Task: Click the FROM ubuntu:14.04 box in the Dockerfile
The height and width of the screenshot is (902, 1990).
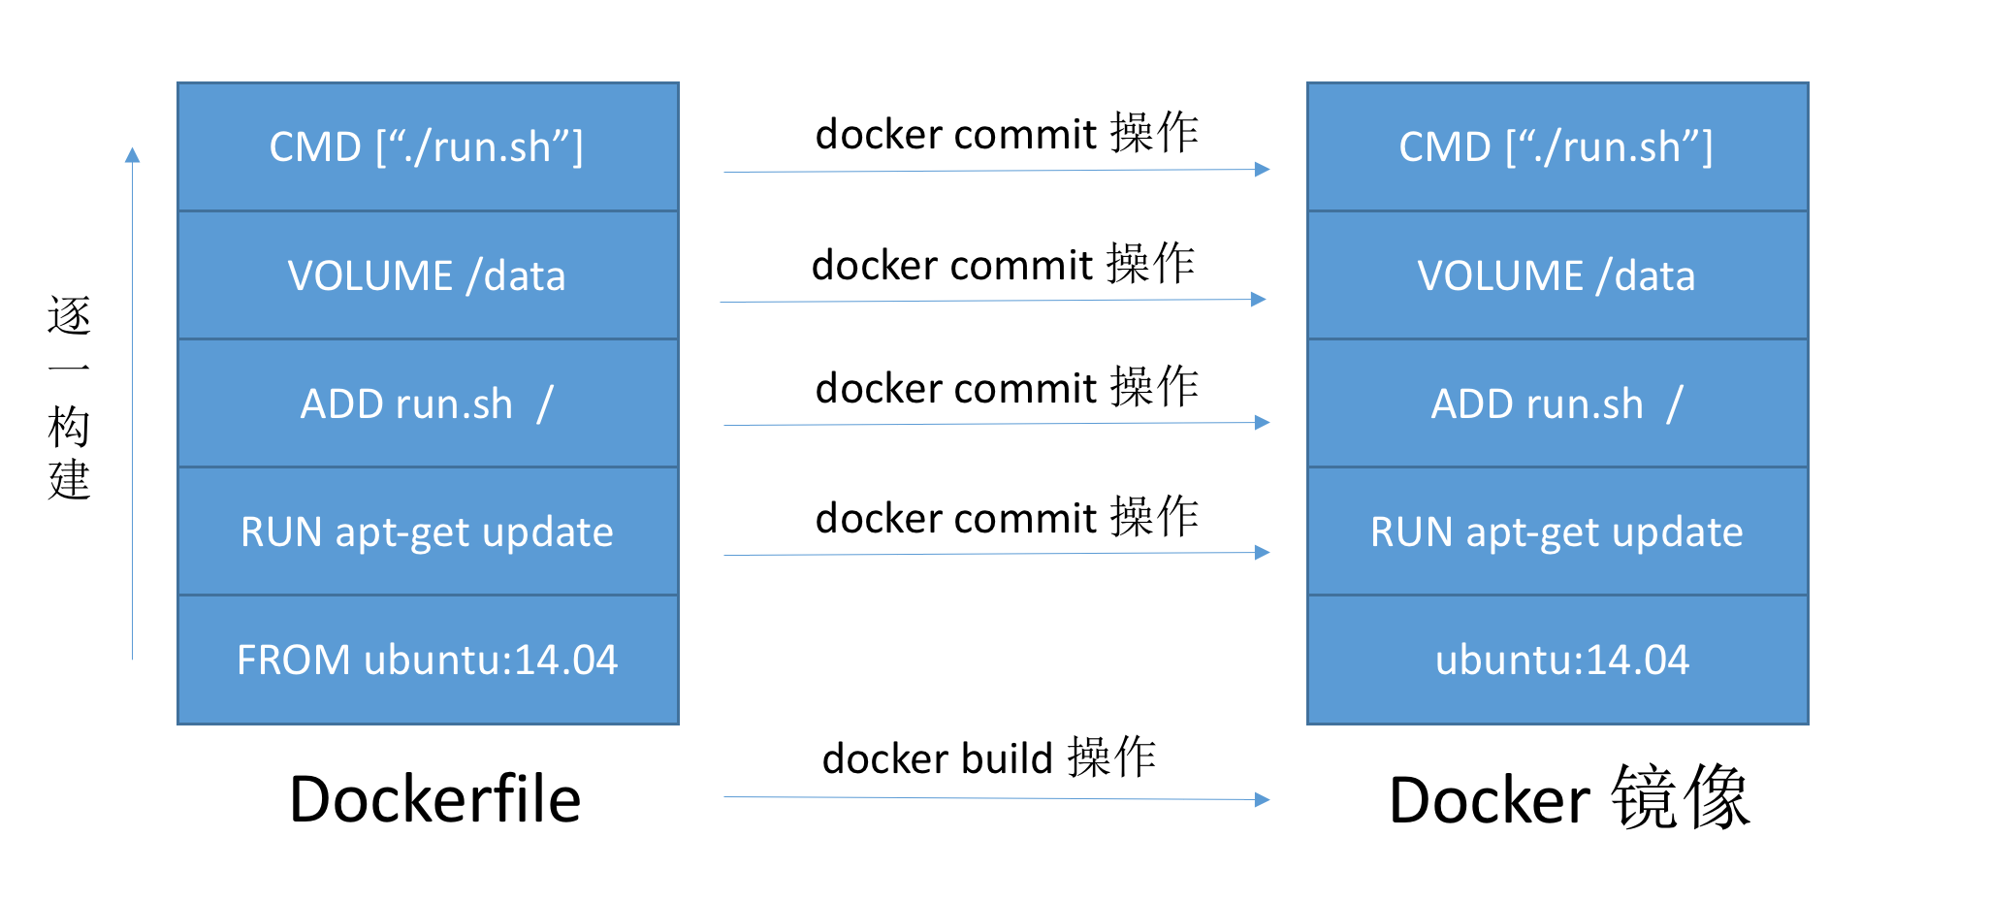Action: coord(428,660)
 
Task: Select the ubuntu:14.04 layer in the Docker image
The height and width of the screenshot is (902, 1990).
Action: coord(1557,660)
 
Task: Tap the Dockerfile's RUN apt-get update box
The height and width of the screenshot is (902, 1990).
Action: coord(428,532)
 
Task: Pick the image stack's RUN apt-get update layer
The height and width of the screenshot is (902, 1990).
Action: coord(1557,532)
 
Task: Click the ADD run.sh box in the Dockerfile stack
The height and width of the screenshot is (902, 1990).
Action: coord(428,403)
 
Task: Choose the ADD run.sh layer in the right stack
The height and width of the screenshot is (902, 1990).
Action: coord(1557,403)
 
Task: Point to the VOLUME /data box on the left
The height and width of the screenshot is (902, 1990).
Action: coord(428,275)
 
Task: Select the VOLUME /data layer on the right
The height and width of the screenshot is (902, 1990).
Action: coord(1557,275)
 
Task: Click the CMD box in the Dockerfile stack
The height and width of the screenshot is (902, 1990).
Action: coord(428,147)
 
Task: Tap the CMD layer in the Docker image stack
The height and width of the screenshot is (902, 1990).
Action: coord(1557,147)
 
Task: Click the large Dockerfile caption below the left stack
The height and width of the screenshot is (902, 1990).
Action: coord(434,800)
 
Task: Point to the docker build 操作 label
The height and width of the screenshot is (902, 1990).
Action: coord(989,758)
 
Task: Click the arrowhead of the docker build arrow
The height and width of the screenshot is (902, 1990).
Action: coord(1263,800)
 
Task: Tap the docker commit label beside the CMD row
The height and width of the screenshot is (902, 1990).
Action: coord(1007,134)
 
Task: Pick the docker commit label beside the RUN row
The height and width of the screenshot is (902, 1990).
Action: coord(1007,518)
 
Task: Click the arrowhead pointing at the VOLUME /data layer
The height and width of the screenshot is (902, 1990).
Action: coord(1259,299)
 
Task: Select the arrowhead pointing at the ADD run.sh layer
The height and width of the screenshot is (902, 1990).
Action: coord(1263,422)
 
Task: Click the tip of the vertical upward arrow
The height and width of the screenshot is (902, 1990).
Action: coord(133,153)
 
